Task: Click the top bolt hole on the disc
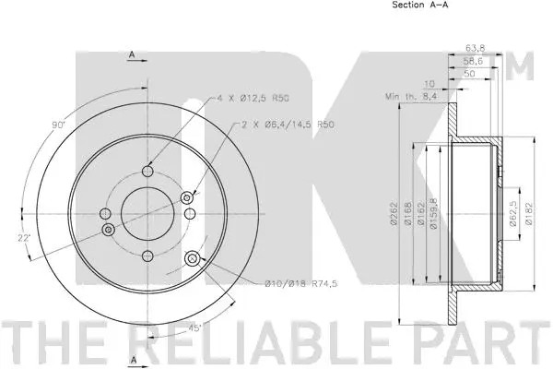147,170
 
